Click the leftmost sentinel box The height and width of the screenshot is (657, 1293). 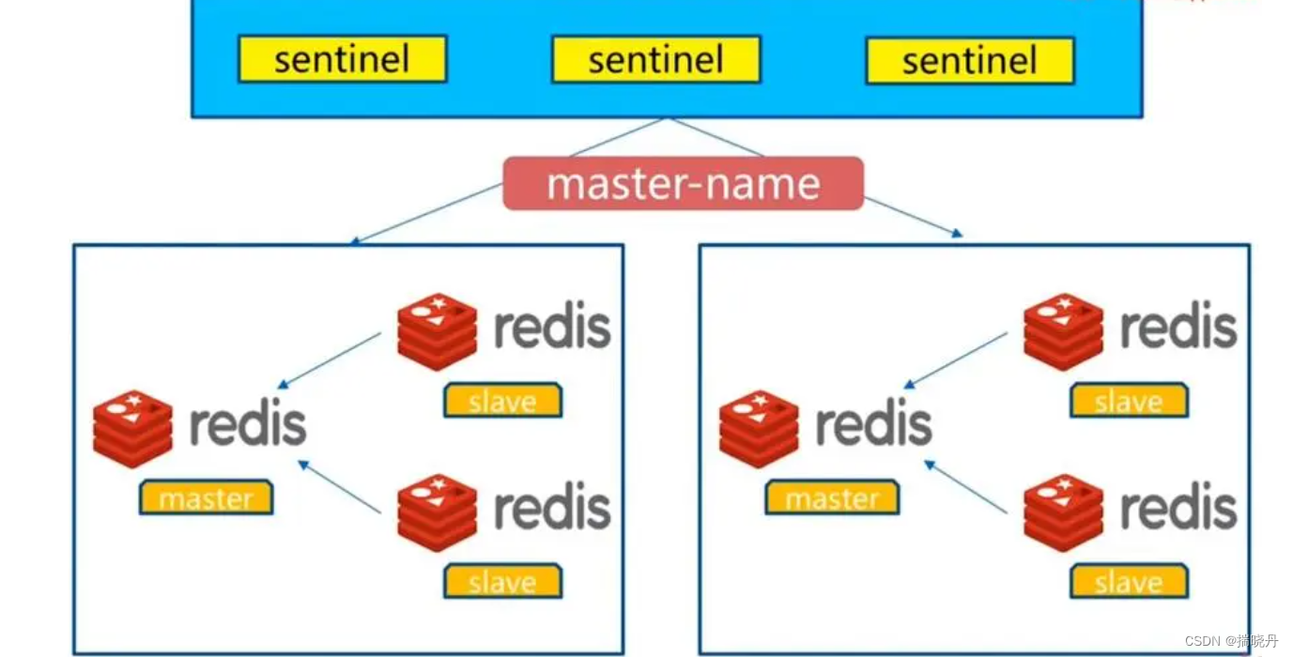tap(342, 60)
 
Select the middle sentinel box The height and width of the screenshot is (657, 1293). tap(655, 60)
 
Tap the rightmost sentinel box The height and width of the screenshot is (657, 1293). tap(969, 61)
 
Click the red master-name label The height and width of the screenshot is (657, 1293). tap(683, 183)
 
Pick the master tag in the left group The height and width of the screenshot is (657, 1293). tap(206, 497)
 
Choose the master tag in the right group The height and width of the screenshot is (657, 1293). tap(832, 497)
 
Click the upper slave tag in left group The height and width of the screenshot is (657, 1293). tap(502, 401)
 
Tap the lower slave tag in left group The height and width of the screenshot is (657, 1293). tap(502, 582)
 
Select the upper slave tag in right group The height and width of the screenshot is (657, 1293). tap(1129, 401)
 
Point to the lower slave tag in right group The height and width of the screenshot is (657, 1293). tap(1129, 582)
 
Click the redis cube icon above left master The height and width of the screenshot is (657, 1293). tap(132, 428)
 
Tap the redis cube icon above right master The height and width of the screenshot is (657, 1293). tap(759, 428)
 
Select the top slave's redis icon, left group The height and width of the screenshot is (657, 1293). tap(437, 330)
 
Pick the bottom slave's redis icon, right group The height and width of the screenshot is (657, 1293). tap(1063, 512)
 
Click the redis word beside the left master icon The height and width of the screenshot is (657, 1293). tap(248, 425)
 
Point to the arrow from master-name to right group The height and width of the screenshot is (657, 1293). tap(911, 217)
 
